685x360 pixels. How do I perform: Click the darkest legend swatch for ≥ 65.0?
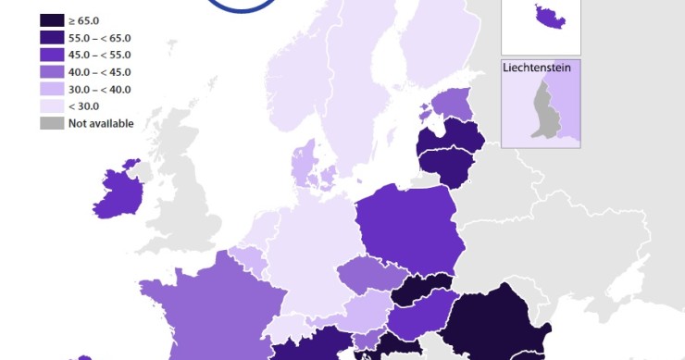52,19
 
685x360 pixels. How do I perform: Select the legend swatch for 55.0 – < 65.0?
52,37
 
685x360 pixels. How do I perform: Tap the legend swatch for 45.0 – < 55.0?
52,55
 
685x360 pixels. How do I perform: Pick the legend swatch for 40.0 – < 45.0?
52,72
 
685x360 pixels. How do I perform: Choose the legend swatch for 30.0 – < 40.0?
52,89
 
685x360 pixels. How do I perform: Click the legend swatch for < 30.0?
52,106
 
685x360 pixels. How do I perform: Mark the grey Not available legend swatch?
52,123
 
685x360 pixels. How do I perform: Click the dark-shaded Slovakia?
421,291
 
